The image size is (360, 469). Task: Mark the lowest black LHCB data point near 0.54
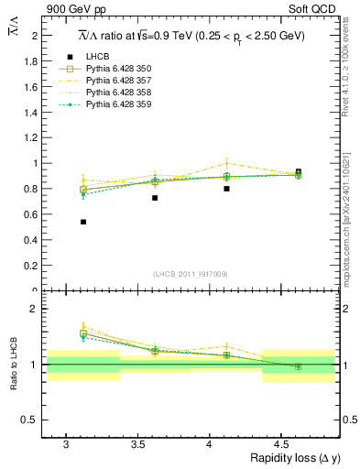[83, 222]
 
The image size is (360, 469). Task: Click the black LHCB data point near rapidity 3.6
[155, 198]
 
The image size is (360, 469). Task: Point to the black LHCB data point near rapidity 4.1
[226, 189]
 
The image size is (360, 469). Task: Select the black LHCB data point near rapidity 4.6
[298, 171]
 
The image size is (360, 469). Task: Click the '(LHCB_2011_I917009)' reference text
[191, 273]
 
